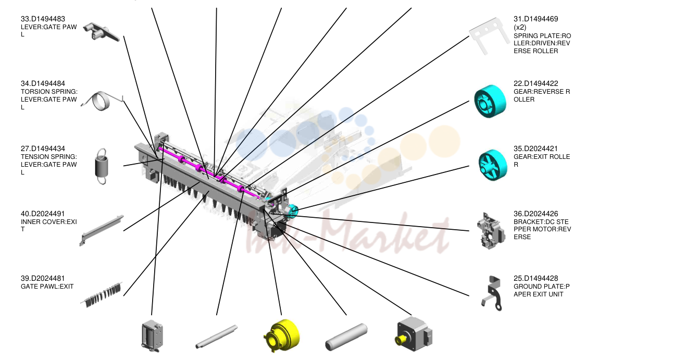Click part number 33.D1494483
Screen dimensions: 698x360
(43, 19)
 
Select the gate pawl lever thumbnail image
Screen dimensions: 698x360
(101, 32)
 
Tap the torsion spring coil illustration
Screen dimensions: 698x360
(102, 101)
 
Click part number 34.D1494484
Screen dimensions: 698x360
(43, 83)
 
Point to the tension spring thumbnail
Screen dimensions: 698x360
(102, 166)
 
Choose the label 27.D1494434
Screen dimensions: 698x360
(43, 148)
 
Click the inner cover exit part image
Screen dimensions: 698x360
(102, 230)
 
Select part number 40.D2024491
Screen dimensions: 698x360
(43, 214)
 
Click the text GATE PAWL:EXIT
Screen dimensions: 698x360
(47, 287)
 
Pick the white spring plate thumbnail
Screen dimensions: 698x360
(488, 36)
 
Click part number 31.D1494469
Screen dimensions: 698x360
(535, 19)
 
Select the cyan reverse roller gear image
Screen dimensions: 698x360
(490, 101)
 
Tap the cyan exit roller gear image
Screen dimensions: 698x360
(493, 165)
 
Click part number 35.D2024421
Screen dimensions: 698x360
(535, 148)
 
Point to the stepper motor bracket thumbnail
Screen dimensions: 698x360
(491, 231)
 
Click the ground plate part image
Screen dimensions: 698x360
(492, 293)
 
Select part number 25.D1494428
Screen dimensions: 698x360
(535, 278)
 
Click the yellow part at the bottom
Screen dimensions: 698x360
(281, 336)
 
